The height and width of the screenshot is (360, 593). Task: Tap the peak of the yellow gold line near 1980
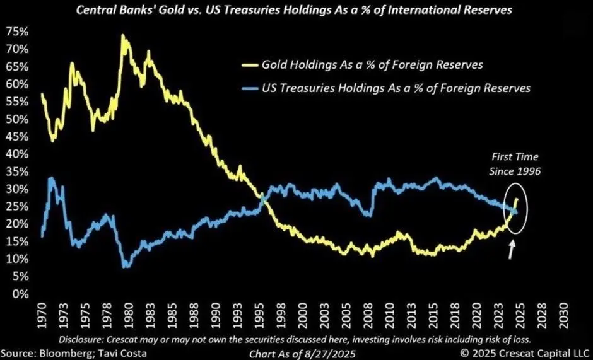point(122,36)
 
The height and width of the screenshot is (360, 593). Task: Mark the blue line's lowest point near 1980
point(126,267)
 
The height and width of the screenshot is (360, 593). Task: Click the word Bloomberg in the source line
point(63,354)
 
